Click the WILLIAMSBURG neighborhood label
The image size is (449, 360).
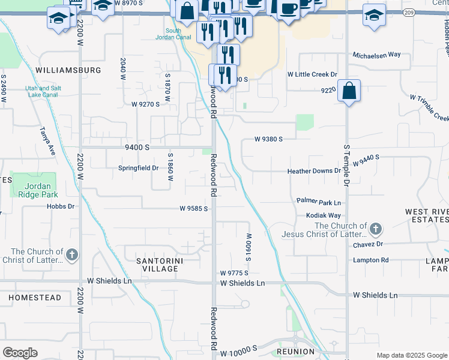68,70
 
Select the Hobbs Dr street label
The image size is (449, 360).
61,206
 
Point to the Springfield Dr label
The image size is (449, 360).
138,169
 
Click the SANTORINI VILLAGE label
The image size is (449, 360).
158,265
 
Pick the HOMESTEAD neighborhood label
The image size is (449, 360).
35,298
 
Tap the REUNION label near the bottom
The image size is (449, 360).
296,351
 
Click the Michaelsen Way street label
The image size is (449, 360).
376,55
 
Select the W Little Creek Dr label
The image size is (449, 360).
312,74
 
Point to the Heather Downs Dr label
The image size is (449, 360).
314,171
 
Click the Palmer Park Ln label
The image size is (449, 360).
318,202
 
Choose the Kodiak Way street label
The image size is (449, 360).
324,215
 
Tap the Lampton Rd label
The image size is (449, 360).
371,260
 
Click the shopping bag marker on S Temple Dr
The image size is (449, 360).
349,92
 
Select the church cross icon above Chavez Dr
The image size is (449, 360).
375,229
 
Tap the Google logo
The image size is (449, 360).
20,353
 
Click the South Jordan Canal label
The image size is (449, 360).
173,35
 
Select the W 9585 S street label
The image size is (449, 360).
193,209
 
